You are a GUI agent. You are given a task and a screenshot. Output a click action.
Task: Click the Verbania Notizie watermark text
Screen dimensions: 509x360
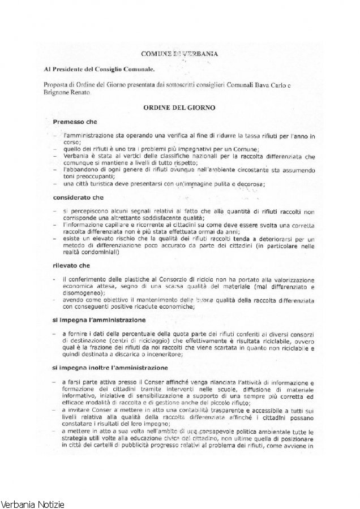tap(33, 503)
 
